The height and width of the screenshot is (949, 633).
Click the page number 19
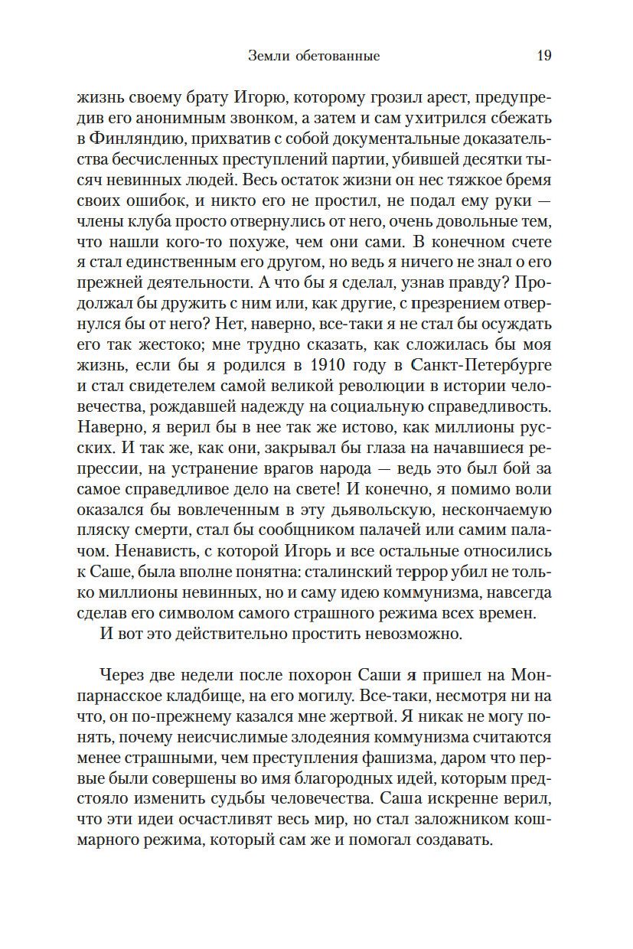pos(544,56)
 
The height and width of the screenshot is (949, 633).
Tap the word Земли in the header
pos(266,56)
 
